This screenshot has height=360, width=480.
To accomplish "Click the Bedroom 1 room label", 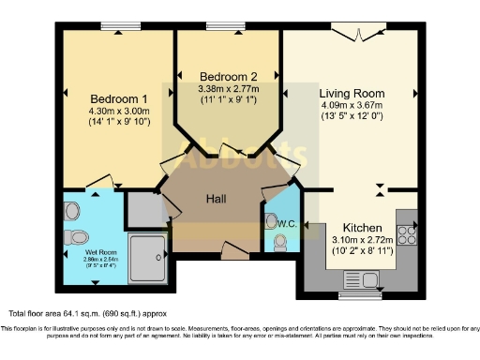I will (x=118, y=97).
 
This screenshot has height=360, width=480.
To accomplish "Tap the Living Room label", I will (x=351, y=95).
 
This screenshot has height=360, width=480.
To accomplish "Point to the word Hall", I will (x=218, y=198).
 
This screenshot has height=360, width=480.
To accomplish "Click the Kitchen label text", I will (x=361, y=228).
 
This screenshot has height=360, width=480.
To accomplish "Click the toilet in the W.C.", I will (x=279, y=242).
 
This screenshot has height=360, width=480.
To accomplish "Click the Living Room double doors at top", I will (x=352, y=35).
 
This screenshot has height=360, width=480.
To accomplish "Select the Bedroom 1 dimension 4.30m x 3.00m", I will (x=118, y=110).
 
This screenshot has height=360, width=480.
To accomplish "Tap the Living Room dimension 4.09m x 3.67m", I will (x=351, y=107).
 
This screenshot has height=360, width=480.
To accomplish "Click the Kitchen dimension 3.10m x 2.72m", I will (x=361, y=241).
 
